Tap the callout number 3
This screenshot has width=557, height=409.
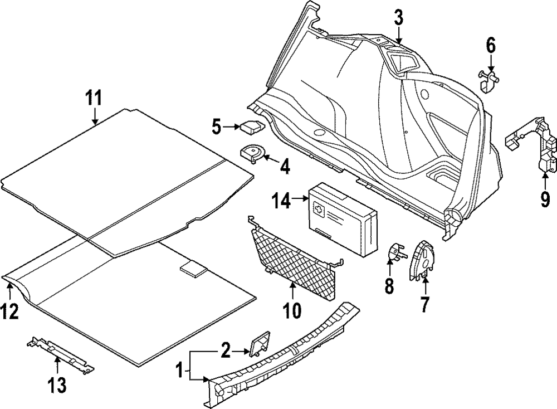398,17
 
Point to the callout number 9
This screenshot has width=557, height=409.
545,198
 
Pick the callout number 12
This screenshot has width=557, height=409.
11,310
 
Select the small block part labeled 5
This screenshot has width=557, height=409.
250,126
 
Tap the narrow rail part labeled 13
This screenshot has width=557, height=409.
60,354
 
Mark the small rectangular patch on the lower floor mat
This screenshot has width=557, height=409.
193,269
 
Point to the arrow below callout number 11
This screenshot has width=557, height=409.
95,116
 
